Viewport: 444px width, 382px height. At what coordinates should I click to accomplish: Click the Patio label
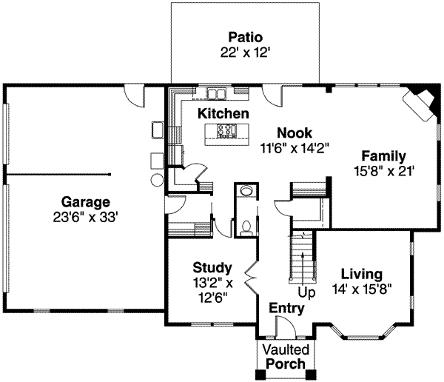click(x=245, y=37)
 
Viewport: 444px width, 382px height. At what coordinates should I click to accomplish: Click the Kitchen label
click(x=223, y=114)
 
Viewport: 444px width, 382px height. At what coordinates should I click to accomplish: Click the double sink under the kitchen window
click(x=215, y=93)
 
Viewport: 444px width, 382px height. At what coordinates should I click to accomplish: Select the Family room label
click(x=383, y=156)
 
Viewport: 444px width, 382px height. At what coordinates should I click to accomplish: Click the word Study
click(x=212, y=267)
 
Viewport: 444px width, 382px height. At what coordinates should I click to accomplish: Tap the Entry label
click(x=286, y=307)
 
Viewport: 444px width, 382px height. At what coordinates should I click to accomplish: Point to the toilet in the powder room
click(x=246, y=224)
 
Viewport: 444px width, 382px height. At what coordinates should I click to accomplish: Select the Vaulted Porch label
click(x=285, y=356)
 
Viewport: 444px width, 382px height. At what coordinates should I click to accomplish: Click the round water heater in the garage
click(x=157, y=180)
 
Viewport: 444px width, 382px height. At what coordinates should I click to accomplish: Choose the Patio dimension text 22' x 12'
click(x=245, y=53)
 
